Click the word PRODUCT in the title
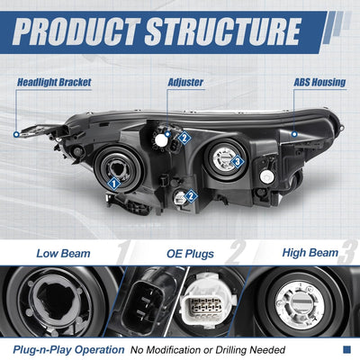click(76, 31)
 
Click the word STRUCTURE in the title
click(223, 31)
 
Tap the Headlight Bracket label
click(54, 83)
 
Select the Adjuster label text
click(185, 83)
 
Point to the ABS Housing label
click(319, 83)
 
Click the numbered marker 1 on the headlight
click(113, 184)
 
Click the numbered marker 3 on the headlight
click(238, 162)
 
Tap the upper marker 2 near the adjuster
click(184, 138)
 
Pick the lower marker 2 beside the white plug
click(191, 196)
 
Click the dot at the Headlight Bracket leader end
click(16, 135)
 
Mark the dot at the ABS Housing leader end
click(294, 134)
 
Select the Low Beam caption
click(63, 254)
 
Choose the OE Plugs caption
click(190, 254)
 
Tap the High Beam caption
click(310, 253)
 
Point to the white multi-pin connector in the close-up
click(206, 302)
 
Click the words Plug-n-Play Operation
click(68, 350)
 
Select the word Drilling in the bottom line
click(231, 350)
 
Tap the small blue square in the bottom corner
click(346, 349)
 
